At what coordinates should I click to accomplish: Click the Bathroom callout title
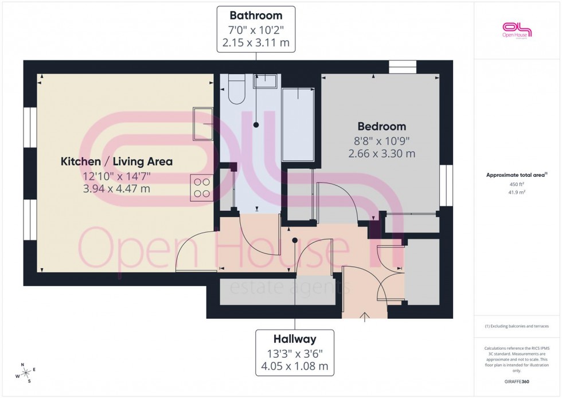[256, 14]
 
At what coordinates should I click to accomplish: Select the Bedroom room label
[381, 126]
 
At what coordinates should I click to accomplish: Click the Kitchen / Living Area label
[116, 161]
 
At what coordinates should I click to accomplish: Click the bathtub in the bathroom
[298, 124]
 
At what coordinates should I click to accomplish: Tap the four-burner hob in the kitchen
[201, 187]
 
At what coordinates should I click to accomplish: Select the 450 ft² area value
[517, 184]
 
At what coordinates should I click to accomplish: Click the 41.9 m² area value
[517, 193]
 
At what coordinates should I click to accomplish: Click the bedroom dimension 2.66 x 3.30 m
[381, 153]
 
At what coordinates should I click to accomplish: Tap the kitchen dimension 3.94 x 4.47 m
[116, 188]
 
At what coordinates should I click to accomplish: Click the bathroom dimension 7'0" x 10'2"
[256, 28]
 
